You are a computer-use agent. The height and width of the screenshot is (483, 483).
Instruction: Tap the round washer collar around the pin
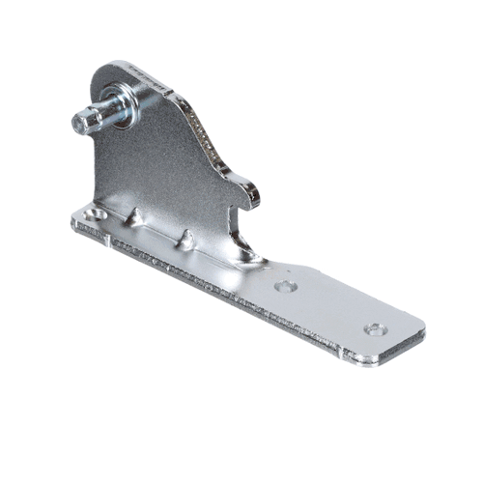coord(123,98)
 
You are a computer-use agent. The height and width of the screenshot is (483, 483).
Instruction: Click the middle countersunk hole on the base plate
coord(283,287)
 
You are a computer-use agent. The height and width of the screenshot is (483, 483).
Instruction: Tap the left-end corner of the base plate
coord(73,223)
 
